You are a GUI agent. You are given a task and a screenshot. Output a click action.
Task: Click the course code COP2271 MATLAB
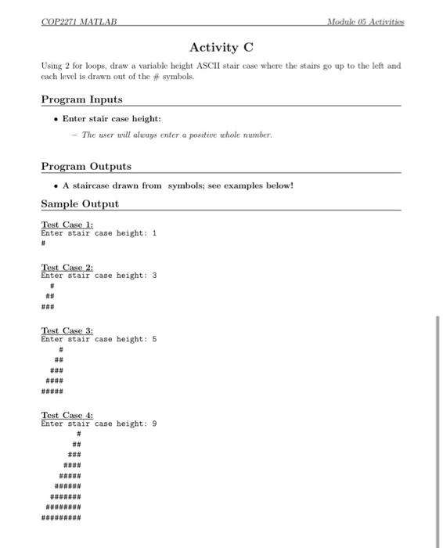pyautogui.click(x=77, y=23)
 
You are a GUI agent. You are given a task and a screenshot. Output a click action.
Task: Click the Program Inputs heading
pyautogui.click(x=81, y=99)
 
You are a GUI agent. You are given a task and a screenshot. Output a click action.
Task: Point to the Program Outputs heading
pyautogui.click(x=86, y=166)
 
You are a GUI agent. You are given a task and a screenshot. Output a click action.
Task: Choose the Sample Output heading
pyautogui.click(x=80, y=204)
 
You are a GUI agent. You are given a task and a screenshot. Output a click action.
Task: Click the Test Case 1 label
pyautogui.click(x=67, y=224)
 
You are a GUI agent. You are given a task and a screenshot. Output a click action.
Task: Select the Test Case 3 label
pyautogui.click(x=67, y=330)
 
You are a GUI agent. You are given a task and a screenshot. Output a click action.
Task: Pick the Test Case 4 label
pyautogui.click(x=67, y=415)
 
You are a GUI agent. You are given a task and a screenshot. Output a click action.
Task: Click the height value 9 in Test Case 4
pyautogui.click(x=154, y=424)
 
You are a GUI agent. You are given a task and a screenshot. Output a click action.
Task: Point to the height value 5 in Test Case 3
pyautogui.click(x=154, y=339)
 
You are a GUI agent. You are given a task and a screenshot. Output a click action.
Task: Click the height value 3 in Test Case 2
pyautogui.click(x=154, y=275)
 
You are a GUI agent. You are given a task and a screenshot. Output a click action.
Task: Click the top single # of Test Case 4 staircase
pyautogui.click(x=78, y=433)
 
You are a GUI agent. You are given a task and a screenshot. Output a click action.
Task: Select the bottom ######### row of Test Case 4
pyautogui.click(x=60, y=517)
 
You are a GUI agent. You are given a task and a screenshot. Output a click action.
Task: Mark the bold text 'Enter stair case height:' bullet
pyautogui.click(x=111, y=119)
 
